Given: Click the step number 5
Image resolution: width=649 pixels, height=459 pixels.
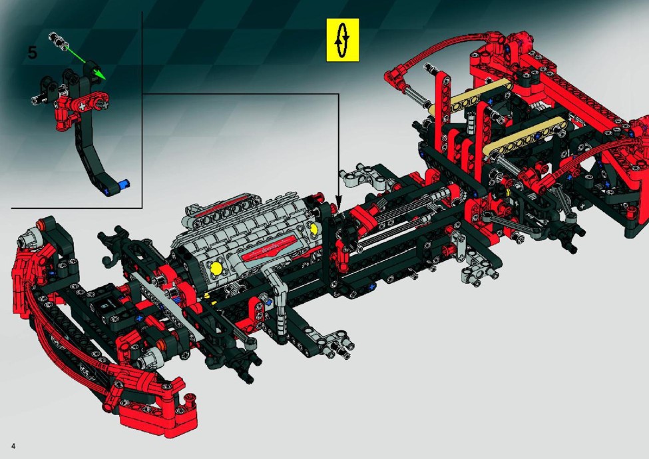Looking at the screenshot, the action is tap(33, 53).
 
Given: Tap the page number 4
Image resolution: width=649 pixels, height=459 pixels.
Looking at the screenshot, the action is tap(14, 446).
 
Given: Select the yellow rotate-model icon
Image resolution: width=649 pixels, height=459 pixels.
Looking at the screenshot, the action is tap(343, 40).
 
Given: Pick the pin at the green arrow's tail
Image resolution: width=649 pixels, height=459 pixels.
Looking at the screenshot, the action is tap(58, 40).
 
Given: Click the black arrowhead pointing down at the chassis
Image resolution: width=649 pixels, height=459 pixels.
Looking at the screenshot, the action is tap(339, 205).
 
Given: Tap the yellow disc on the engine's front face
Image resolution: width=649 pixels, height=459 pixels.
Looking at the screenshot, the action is tap(216, 268).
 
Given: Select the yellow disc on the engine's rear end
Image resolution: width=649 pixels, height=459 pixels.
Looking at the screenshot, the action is tap(314, 229).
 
